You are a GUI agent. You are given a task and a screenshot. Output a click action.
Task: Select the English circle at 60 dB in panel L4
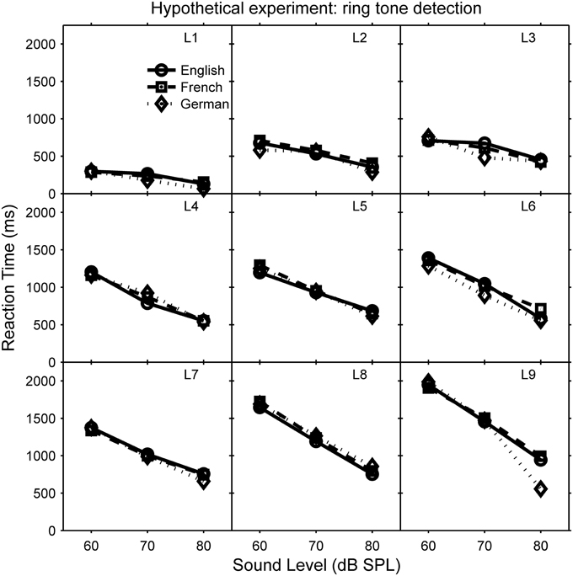(x=91, y=273)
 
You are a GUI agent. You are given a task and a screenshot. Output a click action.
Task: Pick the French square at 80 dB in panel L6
(x=540, y=309)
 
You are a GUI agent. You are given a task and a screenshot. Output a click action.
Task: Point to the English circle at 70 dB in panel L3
(x=484, y=144)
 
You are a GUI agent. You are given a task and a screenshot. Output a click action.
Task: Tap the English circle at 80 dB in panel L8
(x=372, y=474)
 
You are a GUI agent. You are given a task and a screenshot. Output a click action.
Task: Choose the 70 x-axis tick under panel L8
(x=315, y=543)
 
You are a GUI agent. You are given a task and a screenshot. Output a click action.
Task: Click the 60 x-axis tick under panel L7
(x=91, y=543)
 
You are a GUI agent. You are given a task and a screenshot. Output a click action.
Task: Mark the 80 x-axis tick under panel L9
(x=540, y=543)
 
